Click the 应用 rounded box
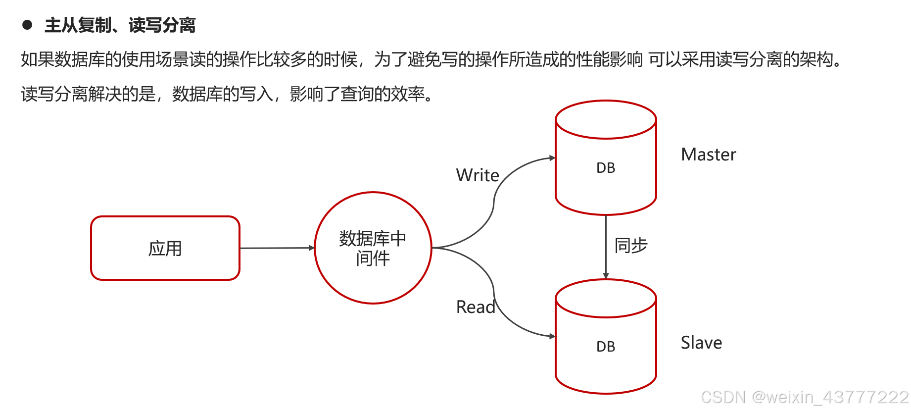(165, 248)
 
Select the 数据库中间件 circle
(373, 248)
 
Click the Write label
(478, 175)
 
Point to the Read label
(475, 307)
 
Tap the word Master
(708, 155)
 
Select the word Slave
(701, 343)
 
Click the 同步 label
(631, 246)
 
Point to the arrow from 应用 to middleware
(276, 248)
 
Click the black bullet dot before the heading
(27, 25)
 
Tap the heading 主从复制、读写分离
(120, 25)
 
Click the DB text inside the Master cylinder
(606, 168)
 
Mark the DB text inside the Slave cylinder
(606, 347)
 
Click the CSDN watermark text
(805, 397)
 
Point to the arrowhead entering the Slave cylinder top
(606, 276)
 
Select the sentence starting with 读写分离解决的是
(228, 94)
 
